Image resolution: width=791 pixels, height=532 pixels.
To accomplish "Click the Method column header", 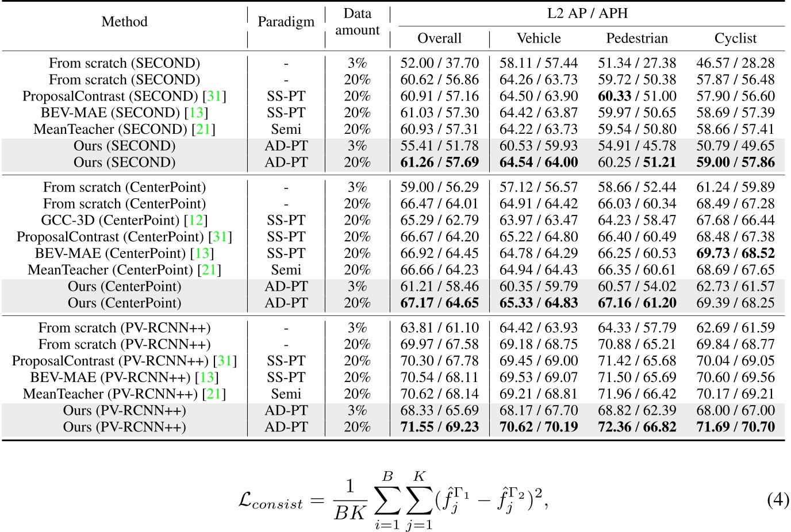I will pyautogui.click(x=124, y=22).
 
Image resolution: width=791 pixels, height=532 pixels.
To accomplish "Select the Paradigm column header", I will pyautogui.click(x=286, y=22).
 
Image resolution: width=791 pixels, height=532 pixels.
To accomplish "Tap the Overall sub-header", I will pyautogui.click(x=439, y=38).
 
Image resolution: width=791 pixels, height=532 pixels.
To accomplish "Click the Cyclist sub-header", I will pyautogui.click(x=735, y=38).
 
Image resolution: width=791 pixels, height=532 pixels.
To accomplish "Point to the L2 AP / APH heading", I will pyautogui.click(x=587, y=13).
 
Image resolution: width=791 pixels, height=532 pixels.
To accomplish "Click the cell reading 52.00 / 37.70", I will pyautogui.click(x=439, y=63).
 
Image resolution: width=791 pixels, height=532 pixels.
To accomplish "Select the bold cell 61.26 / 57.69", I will pyautogui.click(x=439, y=163).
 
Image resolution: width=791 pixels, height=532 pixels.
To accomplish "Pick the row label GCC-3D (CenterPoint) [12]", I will pyautogui.click(x=124, y=221).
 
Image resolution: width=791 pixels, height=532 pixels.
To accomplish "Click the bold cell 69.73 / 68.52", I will pyautogui.click(x=735, y=253).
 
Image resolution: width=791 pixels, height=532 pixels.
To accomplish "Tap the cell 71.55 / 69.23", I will pyautogui.click(x=439, y=427).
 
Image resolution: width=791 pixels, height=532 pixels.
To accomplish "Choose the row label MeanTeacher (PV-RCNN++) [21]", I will pyautogui.click(x=124, y=394).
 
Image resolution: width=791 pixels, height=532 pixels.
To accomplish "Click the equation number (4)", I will pyautogui.click(x=778, y=500).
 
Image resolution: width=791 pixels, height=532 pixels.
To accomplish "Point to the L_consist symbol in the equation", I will pyautogui.click(x=270, y=501).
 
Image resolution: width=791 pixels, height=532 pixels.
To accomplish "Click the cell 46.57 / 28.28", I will pyautogui.click(x=735, y=63).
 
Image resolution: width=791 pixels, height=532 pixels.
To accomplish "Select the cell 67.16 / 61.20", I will pyautogui.click(x=637, y=303).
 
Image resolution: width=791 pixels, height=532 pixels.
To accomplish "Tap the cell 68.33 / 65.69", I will pyautogui.click(x=439, y=411).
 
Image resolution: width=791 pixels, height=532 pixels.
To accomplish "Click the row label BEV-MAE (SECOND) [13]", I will pyautogui.click(x=124, y=113).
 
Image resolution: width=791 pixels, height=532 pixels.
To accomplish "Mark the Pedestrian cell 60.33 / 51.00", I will pyautogui.click(x=637, y=97).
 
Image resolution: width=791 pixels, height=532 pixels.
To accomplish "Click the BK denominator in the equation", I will pyautogui.click(x=350, y=512).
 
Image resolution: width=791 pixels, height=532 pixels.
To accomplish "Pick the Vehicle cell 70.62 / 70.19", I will pyautogui.click(x=539, y=427).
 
